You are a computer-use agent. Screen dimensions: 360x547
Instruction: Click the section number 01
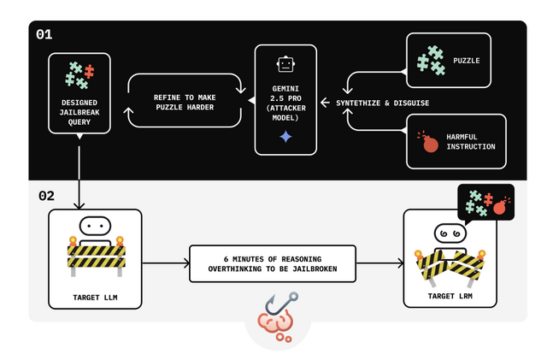[44, 35]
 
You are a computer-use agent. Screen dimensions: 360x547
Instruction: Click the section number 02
[46, 196]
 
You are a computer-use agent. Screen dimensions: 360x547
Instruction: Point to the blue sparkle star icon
[285, 137]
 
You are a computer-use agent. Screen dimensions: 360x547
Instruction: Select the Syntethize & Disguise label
[382, 103]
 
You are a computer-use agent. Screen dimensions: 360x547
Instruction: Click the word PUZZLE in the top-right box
[468, 61]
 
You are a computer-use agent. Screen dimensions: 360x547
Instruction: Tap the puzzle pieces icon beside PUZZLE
[431, 59]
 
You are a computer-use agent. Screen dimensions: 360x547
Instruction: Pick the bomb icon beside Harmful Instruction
[429, 141]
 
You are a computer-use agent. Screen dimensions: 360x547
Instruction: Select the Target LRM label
[450, 296]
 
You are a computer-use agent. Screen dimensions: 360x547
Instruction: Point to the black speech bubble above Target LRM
[485, 202]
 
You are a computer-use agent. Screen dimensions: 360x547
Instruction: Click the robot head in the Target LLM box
[97, 227]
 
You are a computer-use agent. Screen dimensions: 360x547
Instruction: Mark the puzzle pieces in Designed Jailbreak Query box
[79, 75]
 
